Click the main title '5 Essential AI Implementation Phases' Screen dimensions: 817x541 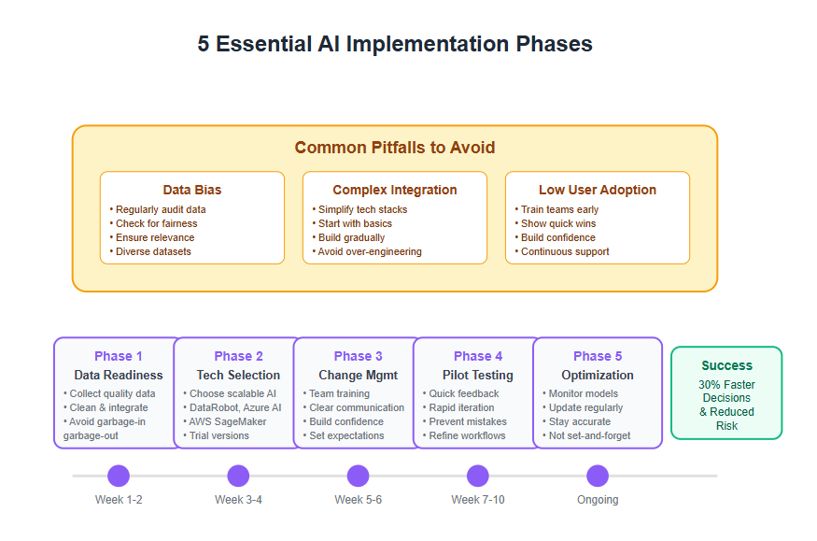394,44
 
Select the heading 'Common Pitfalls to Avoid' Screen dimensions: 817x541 394,148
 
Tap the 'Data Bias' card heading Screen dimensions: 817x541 191,190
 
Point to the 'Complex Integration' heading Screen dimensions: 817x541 394,190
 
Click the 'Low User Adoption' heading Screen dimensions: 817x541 598,190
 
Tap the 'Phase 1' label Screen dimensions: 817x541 119,356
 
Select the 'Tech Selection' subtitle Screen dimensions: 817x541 238,375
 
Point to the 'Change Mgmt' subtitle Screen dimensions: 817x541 358,375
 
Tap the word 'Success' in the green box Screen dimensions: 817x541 726,365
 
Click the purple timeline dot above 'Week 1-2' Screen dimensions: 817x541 119,476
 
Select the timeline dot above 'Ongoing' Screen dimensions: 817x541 598,476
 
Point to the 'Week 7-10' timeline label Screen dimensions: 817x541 478,500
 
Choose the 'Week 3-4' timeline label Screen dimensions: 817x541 238,500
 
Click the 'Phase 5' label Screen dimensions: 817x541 598,356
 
